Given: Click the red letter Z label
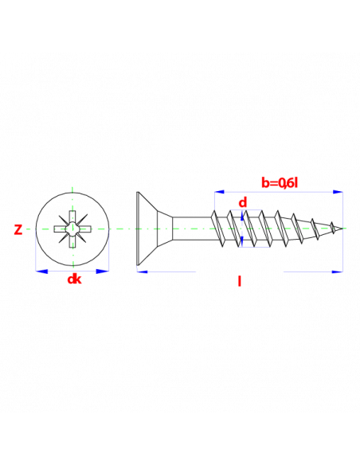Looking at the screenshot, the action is coord(18,230).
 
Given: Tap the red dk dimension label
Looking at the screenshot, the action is coord(74,279).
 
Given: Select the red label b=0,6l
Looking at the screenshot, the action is coord(279,183).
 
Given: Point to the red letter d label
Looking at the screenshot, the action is coord(243,202).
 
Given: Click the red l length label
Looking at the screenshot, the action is coord(239,281).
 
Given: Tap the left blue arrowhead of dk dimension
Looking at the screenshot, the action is coord(41,271).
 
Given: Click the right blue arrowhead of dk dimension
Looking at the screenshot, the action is coord(103,271).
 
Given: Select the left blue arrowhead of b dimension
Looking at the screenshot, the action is coord(219,192).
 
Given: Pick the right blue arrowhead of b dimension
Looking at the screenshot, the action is coord(338,192).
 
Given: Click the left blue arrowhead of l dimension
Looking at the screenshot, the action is coord(143,272).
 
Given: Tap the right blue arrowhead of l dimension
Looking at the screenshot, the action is coord(338,272).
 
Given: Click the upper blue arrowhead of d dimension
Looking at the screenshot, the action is coord(243,215).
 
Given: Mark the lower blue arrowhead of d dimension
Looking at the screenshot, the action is coord(243,241).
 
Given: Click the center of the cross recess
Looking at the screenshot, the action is coord(72,229).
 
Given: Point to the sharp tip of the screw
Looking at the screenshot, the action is coord(343,228).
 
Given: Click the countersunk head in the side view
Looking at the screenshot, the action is coord(155,229).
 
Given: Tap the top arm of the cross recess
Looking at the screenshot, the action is coord(72,217).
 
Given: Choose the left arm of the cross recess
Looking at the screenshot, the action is coord(61,229).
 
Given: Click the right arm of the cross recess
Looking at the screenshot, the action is coord(84,229).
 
